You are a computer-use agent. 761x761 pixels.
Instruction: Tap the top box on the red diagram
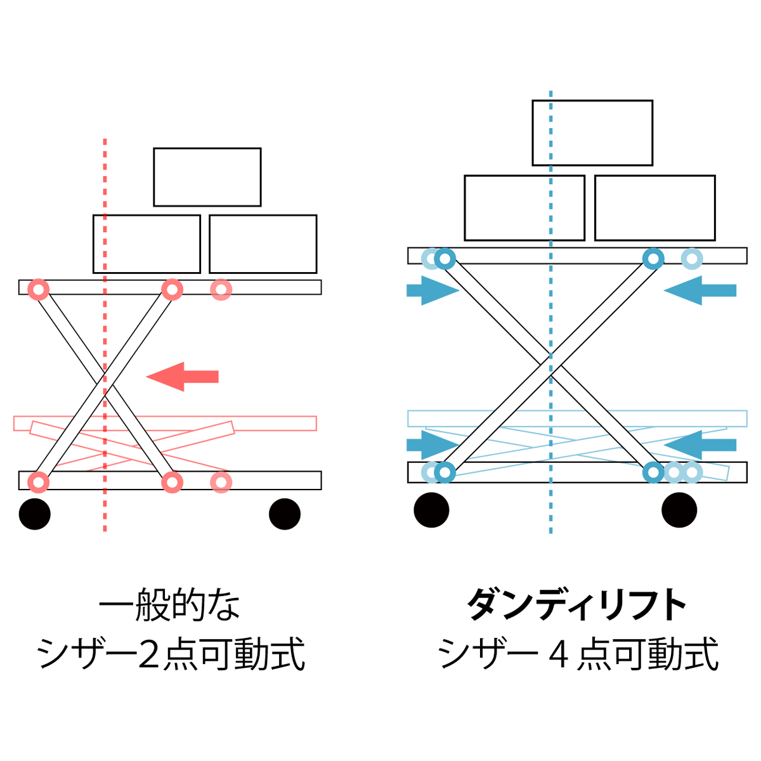point(207,177)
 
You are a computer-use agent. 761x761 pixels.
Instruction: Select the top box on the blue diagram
point(592,133)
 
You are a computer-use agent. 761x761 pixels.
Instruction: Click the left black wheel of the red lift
point(35,514)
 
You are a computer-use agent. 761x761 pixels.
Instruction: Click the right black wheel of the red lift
point(285,514)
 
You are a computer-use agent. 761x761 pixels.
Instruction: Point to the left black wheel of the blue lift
point(431,509)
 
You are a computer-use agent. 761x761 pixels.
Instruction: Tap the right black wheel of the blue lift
point(679,509)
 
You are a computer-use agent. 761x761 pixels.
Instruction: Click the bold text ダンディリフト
point(577,606)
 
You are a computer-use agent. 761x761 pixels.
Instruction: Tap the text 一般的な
point(170,606)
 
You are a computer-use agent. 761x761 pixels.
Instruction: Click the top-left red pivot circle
point(39,290)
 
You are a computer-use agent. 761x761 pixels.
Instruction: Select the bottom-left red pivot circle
point(39,482)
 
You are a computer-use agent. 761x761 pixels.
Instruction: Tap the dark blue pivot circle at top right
point(653,259)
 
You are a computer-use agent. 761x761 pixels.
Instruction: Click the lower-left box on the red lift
point(146,244)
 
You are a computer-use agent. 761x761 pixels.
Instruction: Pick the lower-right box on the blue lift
point(654,208)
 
